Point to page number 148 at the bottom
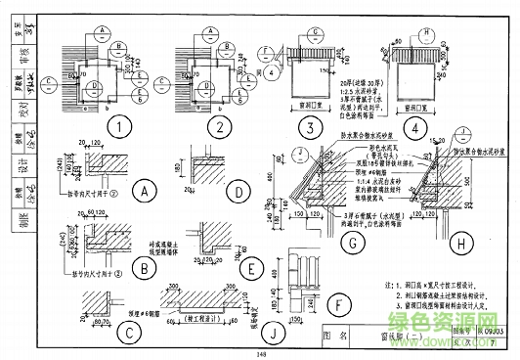tap(260, 354)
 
